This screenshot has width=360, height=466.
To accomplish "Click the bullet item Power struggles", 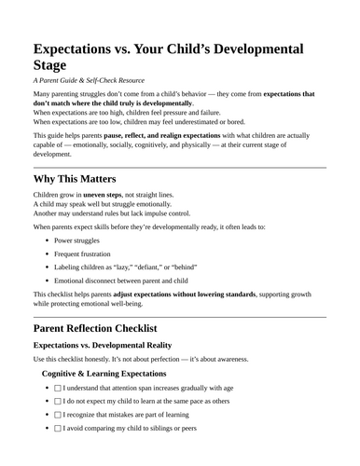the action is click(x=81, y=240).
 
